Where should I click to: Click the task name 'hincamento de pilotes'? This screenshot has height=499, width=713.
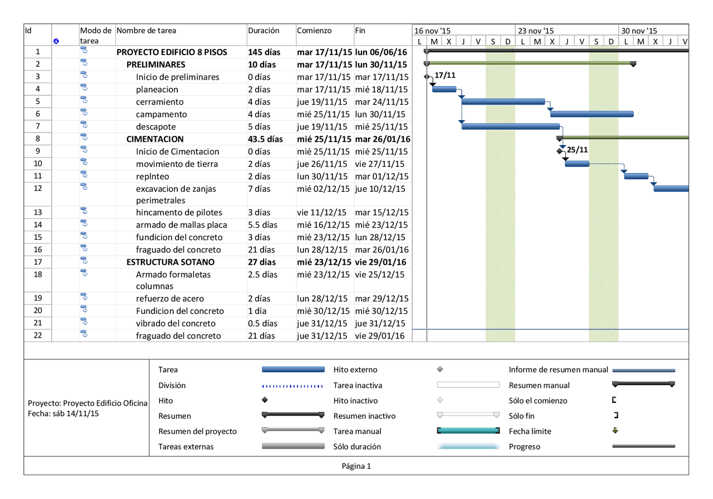[x=179, y=213]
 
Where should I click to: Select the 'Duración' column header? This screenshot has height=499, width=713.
[x=263, y=31]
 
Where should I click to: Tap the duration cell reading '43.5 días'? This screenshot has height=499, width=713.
[x=265, y=139]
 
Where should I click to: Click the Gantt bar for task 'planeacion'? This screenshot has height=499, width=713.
[x=444, y=89]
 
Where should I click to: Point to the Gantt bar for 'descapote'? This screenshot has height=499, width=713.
[x=510, y=126]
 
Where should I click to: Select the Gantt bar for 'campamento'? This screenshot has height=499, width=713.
[x=592, y=114]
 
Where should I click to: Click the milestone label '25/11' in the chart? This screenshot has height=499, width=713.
[x=577, y=150]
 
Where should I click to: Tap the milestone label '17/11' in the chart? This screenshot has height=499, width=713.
[x=445, y=75]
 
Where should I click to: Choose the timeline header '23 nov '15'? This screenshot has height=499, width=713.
[x=535, y=31]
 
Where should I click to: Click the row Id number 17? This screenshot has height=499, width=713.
[x=38, y=262]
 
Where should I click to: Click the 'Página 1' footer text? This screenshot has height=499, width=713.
[x=356, y=466]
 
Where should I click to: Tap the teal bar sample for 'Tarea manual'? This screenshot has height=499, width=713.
[x=468, y=431]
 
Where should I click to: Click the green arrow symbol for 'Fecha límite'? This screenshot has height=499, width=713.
[x=615, y=431]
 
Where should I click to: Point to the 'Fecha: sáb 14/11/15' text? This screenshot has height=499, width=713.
[x=64, y=413]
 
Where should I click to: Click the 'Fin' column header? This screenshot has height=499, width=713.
[x=360, y=31]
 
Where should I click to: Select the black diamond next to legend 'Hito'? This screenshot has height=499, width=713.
[x=265, y=400]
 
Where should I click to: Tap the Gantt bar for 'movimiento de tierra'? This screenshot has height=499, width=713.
[x=577, y=164]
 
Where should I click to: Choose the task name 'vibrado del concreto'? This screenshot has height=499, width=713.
[x=175, y=323]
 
